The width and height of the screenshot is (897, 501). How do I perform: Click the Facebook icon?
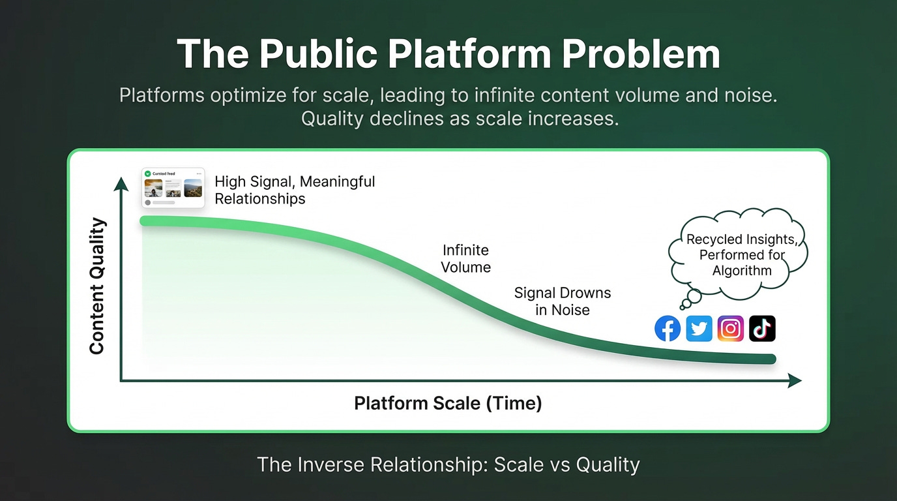click(667, 329)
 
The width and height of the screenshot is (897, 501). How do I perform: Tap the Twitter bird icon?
click(699, 329)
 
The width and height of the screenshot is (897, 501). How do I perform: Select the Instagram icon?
click(730, 329)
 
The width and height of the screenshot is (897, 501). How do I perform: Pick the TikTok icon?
click(762, 329)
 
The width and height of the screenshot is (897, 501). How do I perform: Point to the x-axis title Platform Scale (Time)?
click(448, 403)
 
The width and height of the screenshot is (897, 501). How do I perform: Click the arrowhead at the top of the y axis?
click(121, 184)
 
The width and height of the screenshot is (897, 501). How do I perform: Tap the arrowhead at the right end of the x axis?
click(795, 381)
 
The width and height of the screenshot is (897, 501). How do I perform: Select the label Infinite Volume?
click(465, 258)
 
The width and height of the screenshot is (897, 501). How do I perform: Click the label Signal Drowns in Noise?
click(563, 301)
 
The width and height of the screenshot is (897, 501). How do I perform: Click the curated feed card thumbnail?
click(173, 188)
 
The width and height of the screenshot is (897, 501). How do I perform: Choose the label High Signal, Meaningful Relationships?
click(295, 190)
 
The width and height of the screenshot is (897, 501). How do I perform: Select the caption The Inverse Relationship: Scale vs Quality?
click(448, 464)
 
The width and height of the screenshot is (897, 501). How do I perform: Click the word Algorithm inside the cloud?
click(742, 271)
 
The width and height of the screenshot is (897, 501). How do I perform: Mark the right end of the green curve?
click(771, 359)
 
